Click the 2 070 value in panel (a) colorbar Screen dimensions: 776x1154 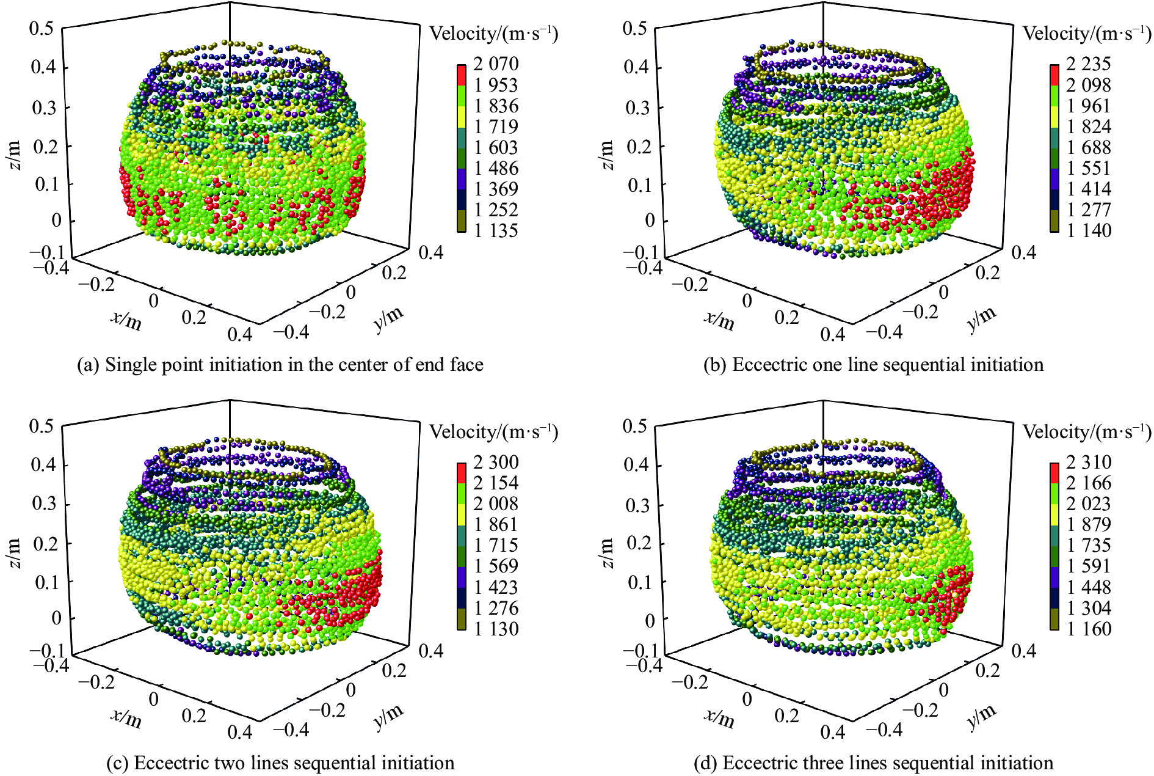pyautogui.click(x=496, y=64)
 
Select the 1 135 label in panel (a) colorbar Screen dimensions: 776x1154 pyautogui.click(x=496, y=230)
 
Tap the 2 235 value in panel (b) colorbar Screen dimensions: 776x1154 pyautogui.click(x=1089, y=64)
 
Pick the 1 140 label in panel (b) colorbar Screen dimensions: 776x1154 pyautogui.click(x=1089, y=230)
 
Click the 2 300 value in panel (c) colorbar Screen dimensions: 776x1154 pyautogui.click(x=496, y=462)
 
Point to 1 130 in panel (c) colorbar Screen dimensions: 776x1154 pyautogui.click(x=496, y=629)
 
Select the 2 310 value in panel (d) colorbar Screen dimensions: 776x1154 pyautogui.click(x=1089, y=462)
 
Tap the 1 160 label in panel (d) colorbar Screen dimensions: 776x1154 pyautogui.click(x=1089, y=629)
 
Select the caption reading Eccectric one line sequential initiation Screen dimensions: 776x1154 pyautogui.click(x=874, y=365)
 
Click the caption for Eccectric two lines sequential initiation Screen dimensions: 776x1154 pyautogui.click(x=280, y=763)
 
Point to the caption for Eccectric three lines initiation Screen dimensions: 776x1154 pyautogui.click(x=874, y=763)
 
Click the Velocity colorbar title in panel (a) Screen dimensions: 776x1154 pyautogui.click(x=493, y=33)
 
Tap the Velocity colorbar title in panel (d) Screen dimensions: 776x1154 pyautogui.click(x=1086, y=432)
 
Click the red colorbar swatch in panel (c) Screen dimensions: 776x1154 pyautogui.click(x=461, y=472)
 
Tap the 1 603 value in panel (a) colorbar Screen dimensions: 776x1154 pyautogui.click(x=496, y=147)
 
